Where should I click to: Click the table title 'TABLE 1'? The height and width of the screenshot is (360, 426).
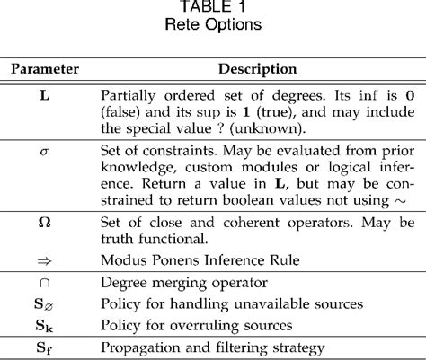[213, 8]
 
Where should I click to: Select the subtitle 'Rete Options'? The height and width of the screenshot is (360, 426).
[213, 25]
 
